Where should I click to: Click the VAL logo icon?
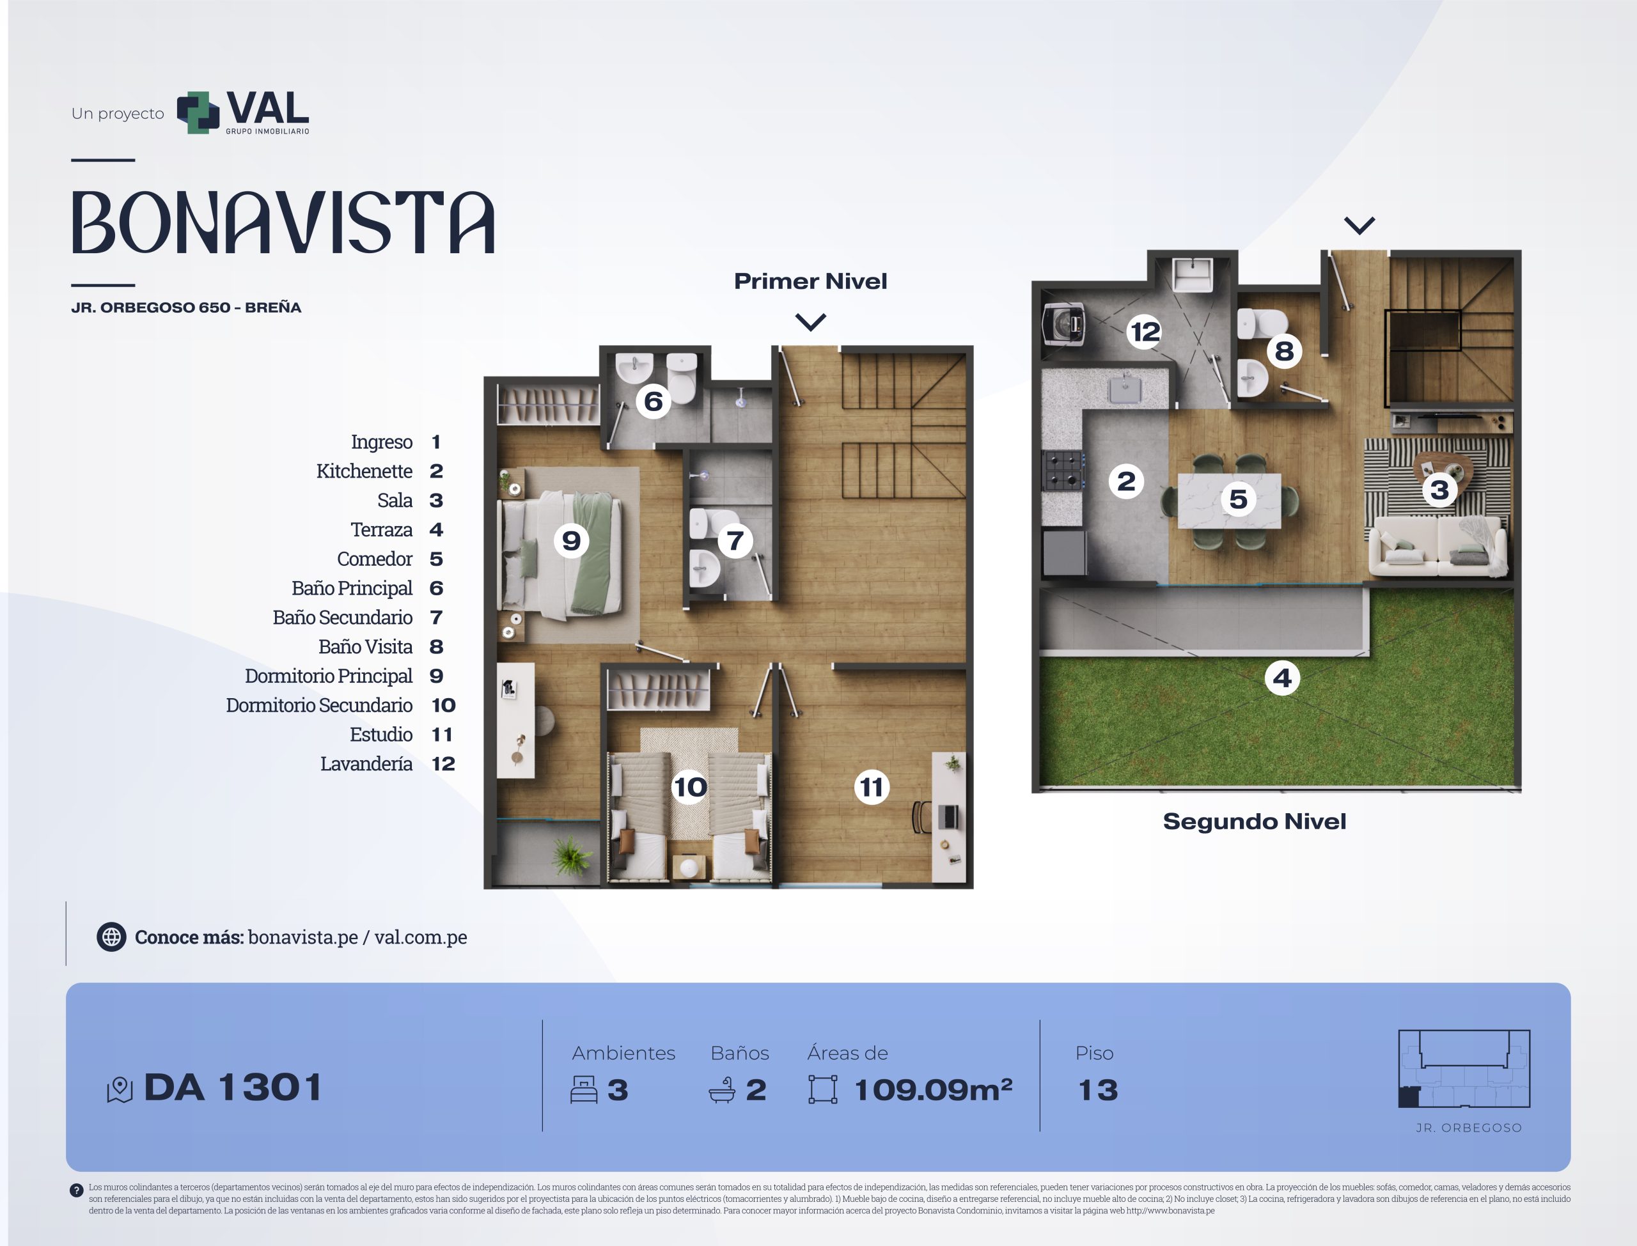198,113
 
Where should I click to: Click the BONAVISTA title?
283,222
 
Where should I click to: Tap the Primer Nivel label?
810,281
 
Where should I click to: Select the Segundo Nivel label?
1254,822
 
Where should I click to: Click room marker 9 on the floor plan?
571,541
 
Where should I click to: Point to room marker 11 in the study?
872,787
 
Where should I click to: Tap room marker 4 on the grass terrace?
1283,678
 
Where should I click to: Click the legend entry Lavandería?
366,764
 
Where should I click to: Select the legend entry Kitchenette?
364,471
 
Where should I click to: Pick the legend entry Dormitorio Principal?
329,676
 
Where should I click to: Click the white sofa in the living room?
1437,546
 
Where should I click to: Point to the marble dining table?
1230,501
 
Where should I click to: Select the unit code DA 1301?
233,1088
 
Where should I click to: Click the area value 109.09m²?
933,1089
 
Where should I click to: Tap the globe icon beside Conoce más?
111,937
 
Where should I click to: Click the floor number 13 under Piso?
1098,1090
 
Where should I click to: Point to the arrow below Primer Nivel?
810,322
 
